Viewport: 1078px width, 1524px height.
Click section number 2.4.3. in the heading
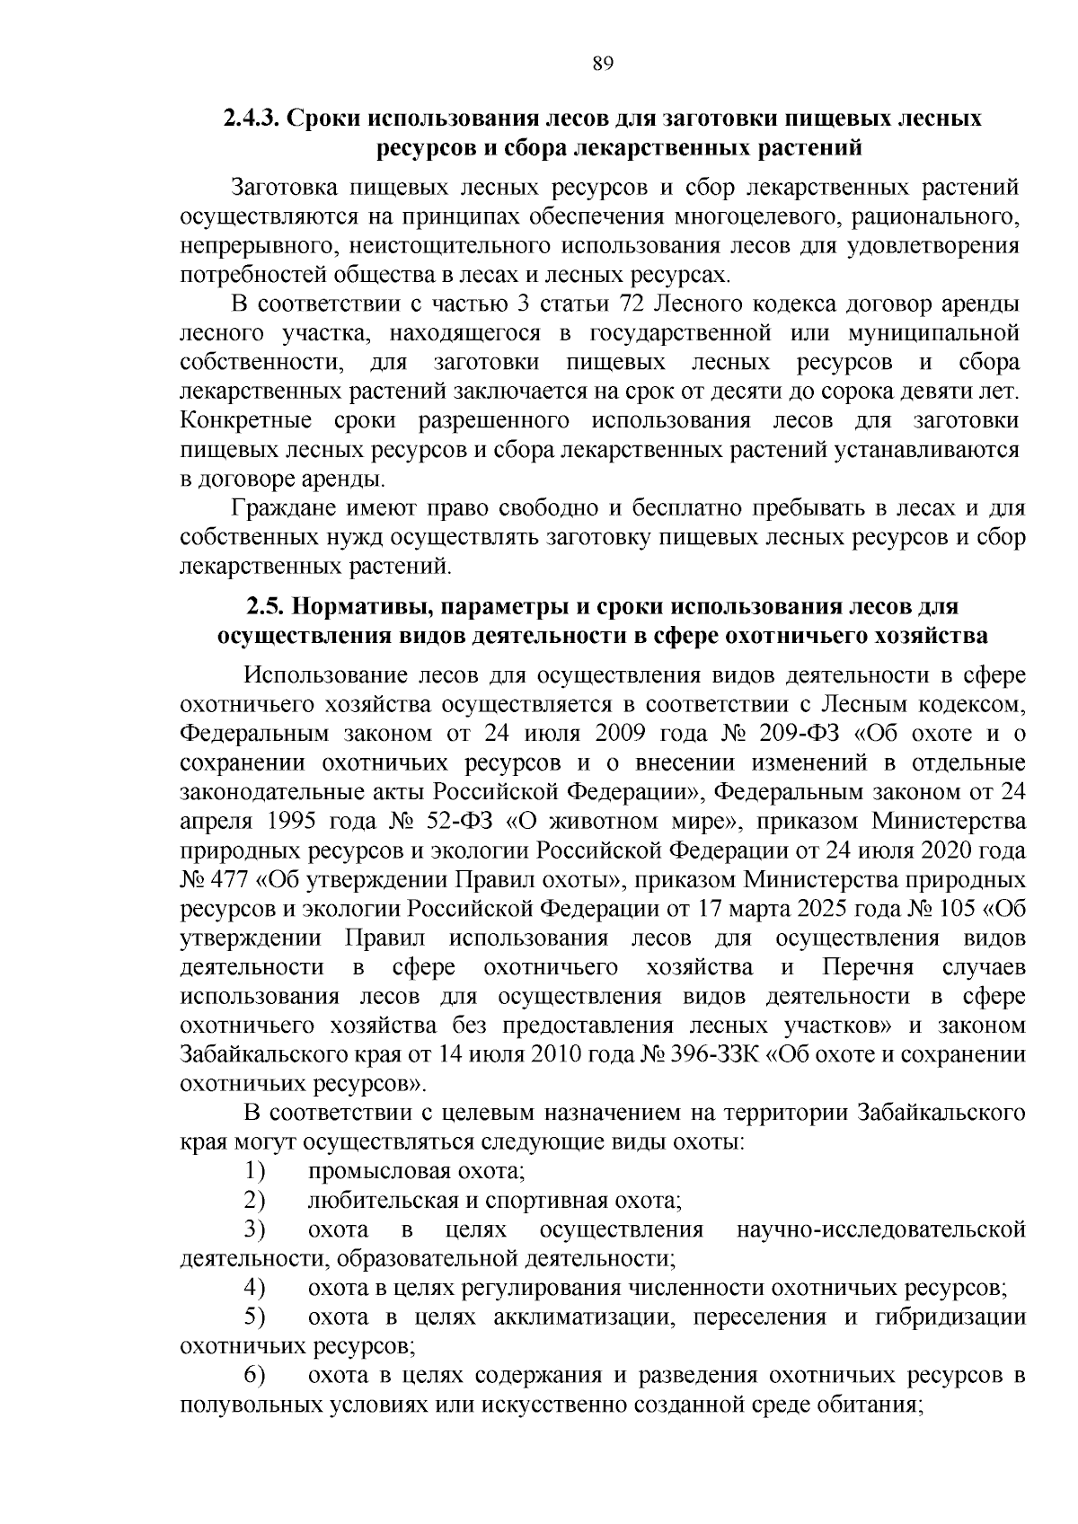(253, 119)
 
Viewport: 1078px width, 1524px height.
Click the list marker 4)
(255, 1288)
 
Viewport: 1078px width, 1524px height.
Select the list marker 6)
(255, 1375)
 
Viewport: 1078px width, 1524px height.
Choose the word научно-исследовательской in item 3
(880, 1229)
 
